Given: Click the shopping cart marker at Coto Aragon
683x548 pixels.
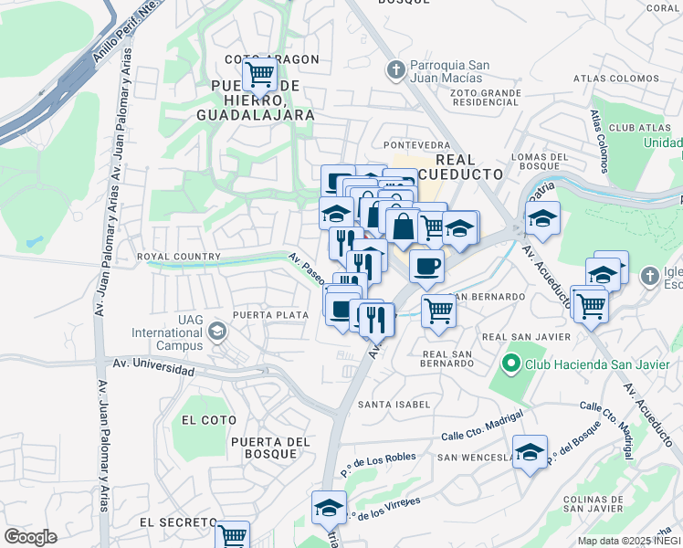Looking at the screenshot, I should tap(260, 73).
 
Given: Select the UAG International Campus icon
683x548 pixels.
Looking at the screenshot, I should tap(217, 330).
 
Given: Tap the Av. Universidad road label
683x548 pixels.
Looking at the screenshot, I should tap(152, 368).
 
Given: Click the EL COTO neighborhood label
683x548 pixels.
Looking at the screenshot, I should tap(209, 420).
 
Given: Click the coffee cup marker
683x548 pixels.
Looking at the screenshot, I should tap(426, 267).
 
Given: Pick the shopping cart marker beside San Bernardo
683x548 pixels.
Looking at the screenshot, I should tap(438, 311).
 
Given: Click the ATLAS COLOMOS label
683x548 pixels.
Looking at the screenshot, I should tap(616, 79).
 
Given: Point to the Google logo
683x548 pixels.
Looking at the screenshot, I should tap(30, 537).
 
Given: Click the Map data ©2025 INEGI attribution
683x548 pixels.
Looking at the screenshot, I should tap(628, 541).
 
